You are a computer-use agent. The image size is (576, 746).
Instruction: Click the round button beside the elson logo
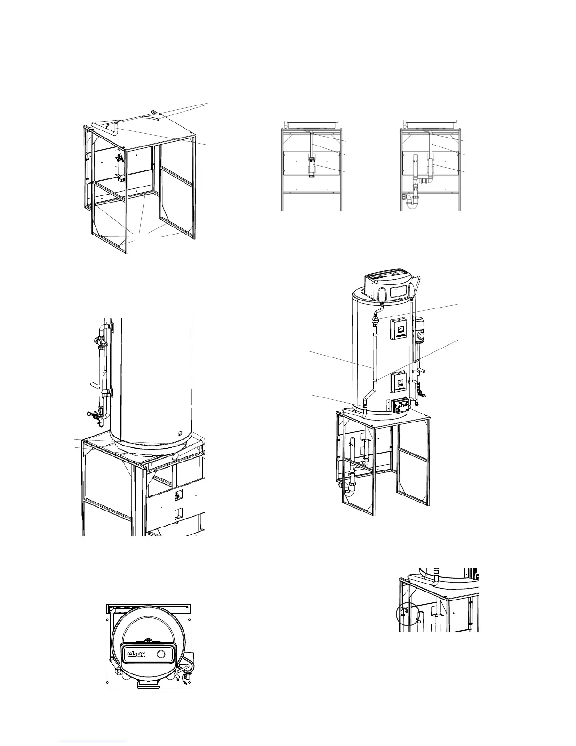tap(161, 654)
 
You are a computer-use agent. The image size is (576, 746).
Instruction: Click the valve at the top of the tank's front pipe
tap(376, 320)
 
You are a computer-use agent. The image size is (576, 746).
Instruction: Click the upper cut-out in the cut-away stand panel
tap(178, 495)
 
